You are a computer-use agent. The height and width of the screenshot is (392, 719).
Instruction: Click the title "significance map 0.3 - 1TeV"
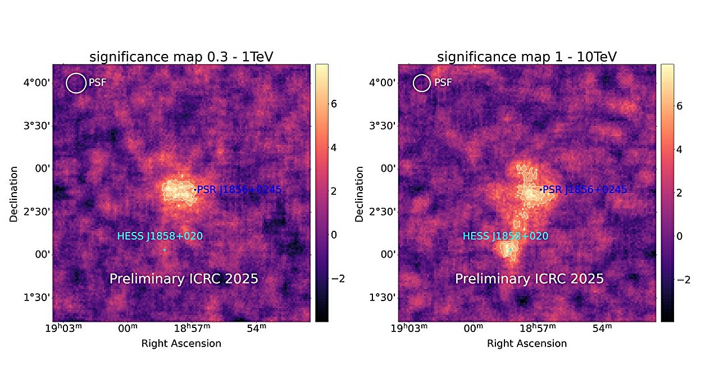pos(181,57)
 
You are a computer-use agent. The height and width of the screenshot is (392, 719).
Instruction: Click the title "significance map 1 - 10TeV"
pos(527,57)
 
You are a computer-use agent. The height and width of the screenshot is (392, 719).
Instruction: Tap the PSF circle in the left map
pos(76,83)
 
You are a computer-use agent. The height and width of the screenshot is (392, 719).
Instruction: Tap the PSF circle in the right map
pos(422,83)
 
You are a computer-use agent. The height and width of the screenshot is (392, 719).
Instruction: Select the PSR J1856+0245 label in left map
pos(239,190)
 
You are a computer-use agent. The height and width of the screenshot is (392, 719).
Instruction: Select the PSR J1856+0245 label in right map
pos(585,190)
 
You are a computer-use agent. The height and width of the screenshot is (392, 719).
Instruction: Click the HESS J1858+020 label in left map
pos(160,236)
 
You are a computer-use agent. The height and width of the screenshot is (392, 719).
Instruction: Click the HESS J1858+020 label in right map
pos(505,236)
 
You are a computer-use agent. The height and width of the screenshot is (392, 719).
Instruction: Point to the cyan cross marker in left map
pos(165,250)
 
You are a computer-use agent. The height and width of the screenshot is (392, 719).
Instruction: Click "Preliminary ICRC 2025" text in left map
pos(184,279)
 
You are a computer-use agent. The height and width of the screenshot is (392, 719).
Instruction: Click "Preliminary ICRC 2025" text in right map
pos(529,279)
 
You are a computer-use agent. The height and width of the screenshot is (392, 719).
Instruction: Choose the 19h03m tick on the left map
pos(63,329)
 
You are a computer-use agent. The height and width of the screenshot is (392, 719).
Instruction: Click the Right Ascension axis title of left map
pos(181,343)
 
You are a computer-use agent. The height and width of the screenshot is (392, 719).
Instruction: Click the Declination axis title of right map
pos(359,193)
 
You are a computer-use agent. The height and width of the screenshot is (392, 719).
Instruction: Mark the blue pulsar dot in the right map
pos(540,190)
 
